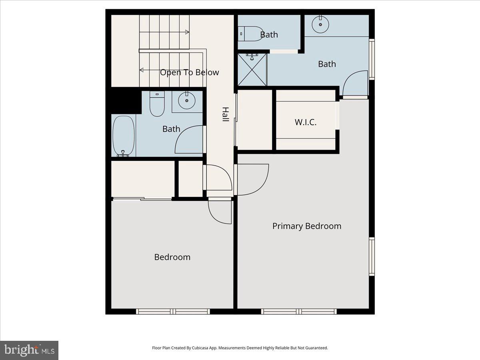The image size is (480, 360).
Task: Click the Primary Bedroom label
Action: tap(307, 226)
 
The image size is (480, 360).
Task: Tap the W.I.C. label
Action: tap(306, 122)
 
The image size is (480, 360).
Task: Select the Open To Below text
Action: tap(190, 72)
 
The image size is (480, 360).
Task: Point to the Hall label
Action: tap(226, 114)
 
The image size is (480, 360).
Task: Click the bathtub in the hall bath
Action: tap(124, 136)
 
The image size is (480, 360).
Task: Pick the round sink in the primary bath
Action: tap(320, 25)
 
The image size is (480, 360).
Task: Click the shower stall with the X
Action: tap(252, 70)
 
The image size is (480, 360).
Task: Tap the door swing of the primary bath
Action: tap(354, 83)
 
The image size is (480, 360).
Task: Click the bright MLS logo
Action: tap(29, 350)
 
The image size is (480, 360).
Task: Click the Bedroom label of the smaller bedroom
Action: tap(172, 257)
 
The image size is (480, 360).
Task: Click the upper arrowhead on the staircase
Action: tap(187, 32)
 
